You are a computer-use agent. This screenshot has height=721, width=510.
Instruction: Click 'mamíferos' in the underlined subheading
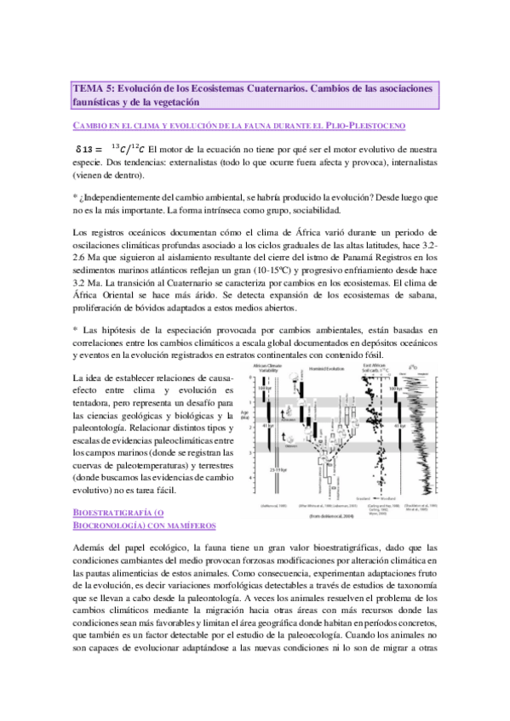pos(186,526)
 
